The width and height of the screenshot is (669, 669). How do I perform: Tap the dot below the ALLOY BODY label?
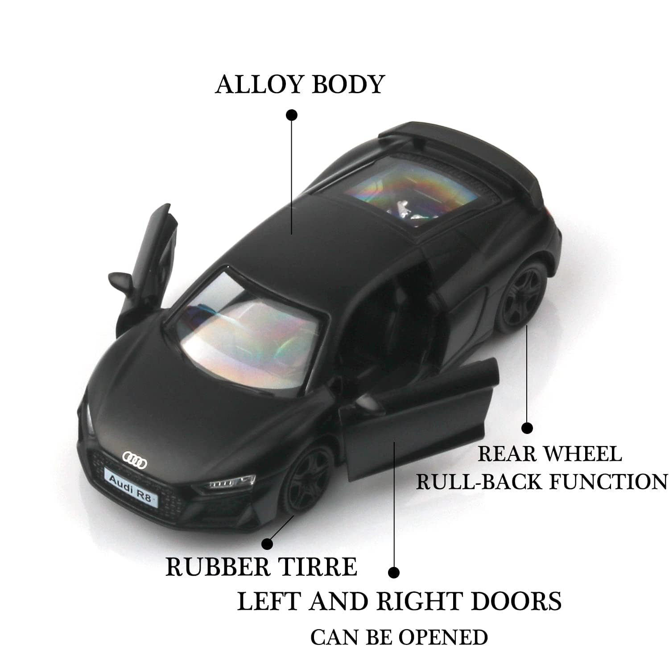click(292, 115)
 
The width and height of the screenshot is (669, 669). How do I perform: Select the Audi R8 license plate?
click(132, 481)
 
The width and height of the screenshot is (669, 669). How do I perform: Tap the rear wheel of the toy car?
click(524, 295)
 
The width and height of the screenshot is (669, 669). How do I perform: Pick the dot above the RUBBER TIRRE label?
click(267, 544)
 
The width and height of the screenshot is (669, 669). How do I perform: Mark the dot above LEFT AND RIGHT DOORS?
click(393, 573)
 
